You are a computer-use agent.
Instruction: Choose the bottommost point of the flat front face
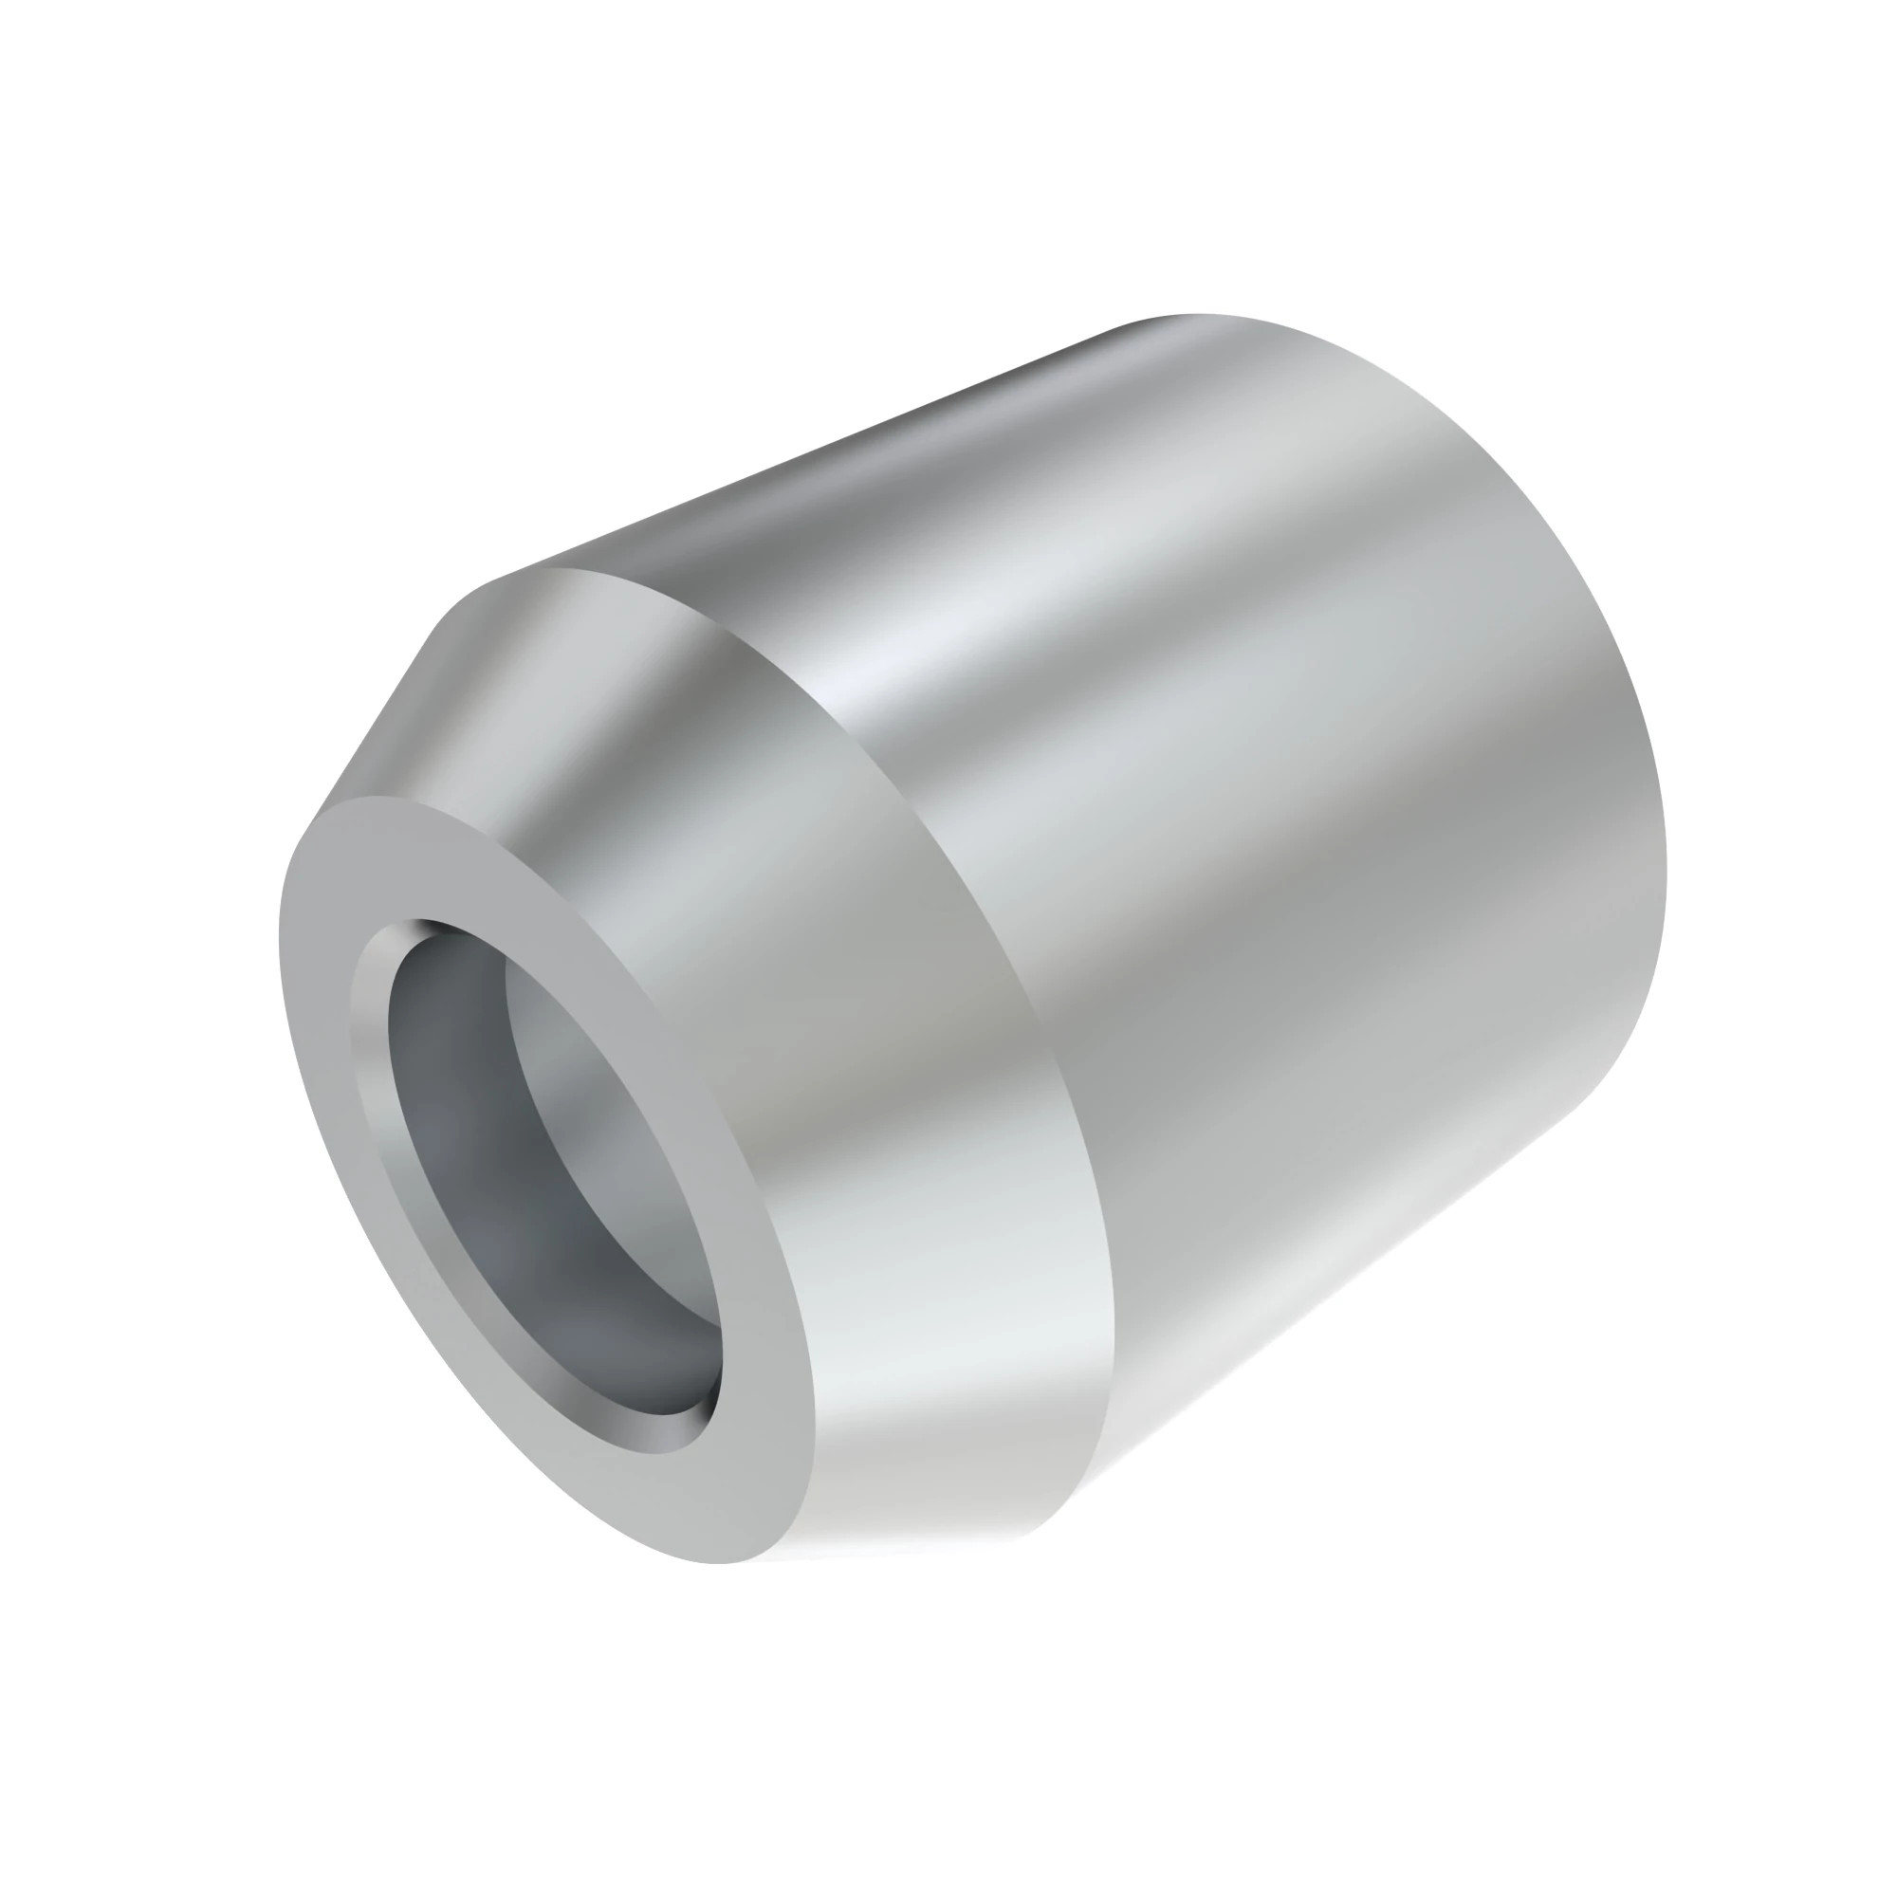[x=727, y=1562]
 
